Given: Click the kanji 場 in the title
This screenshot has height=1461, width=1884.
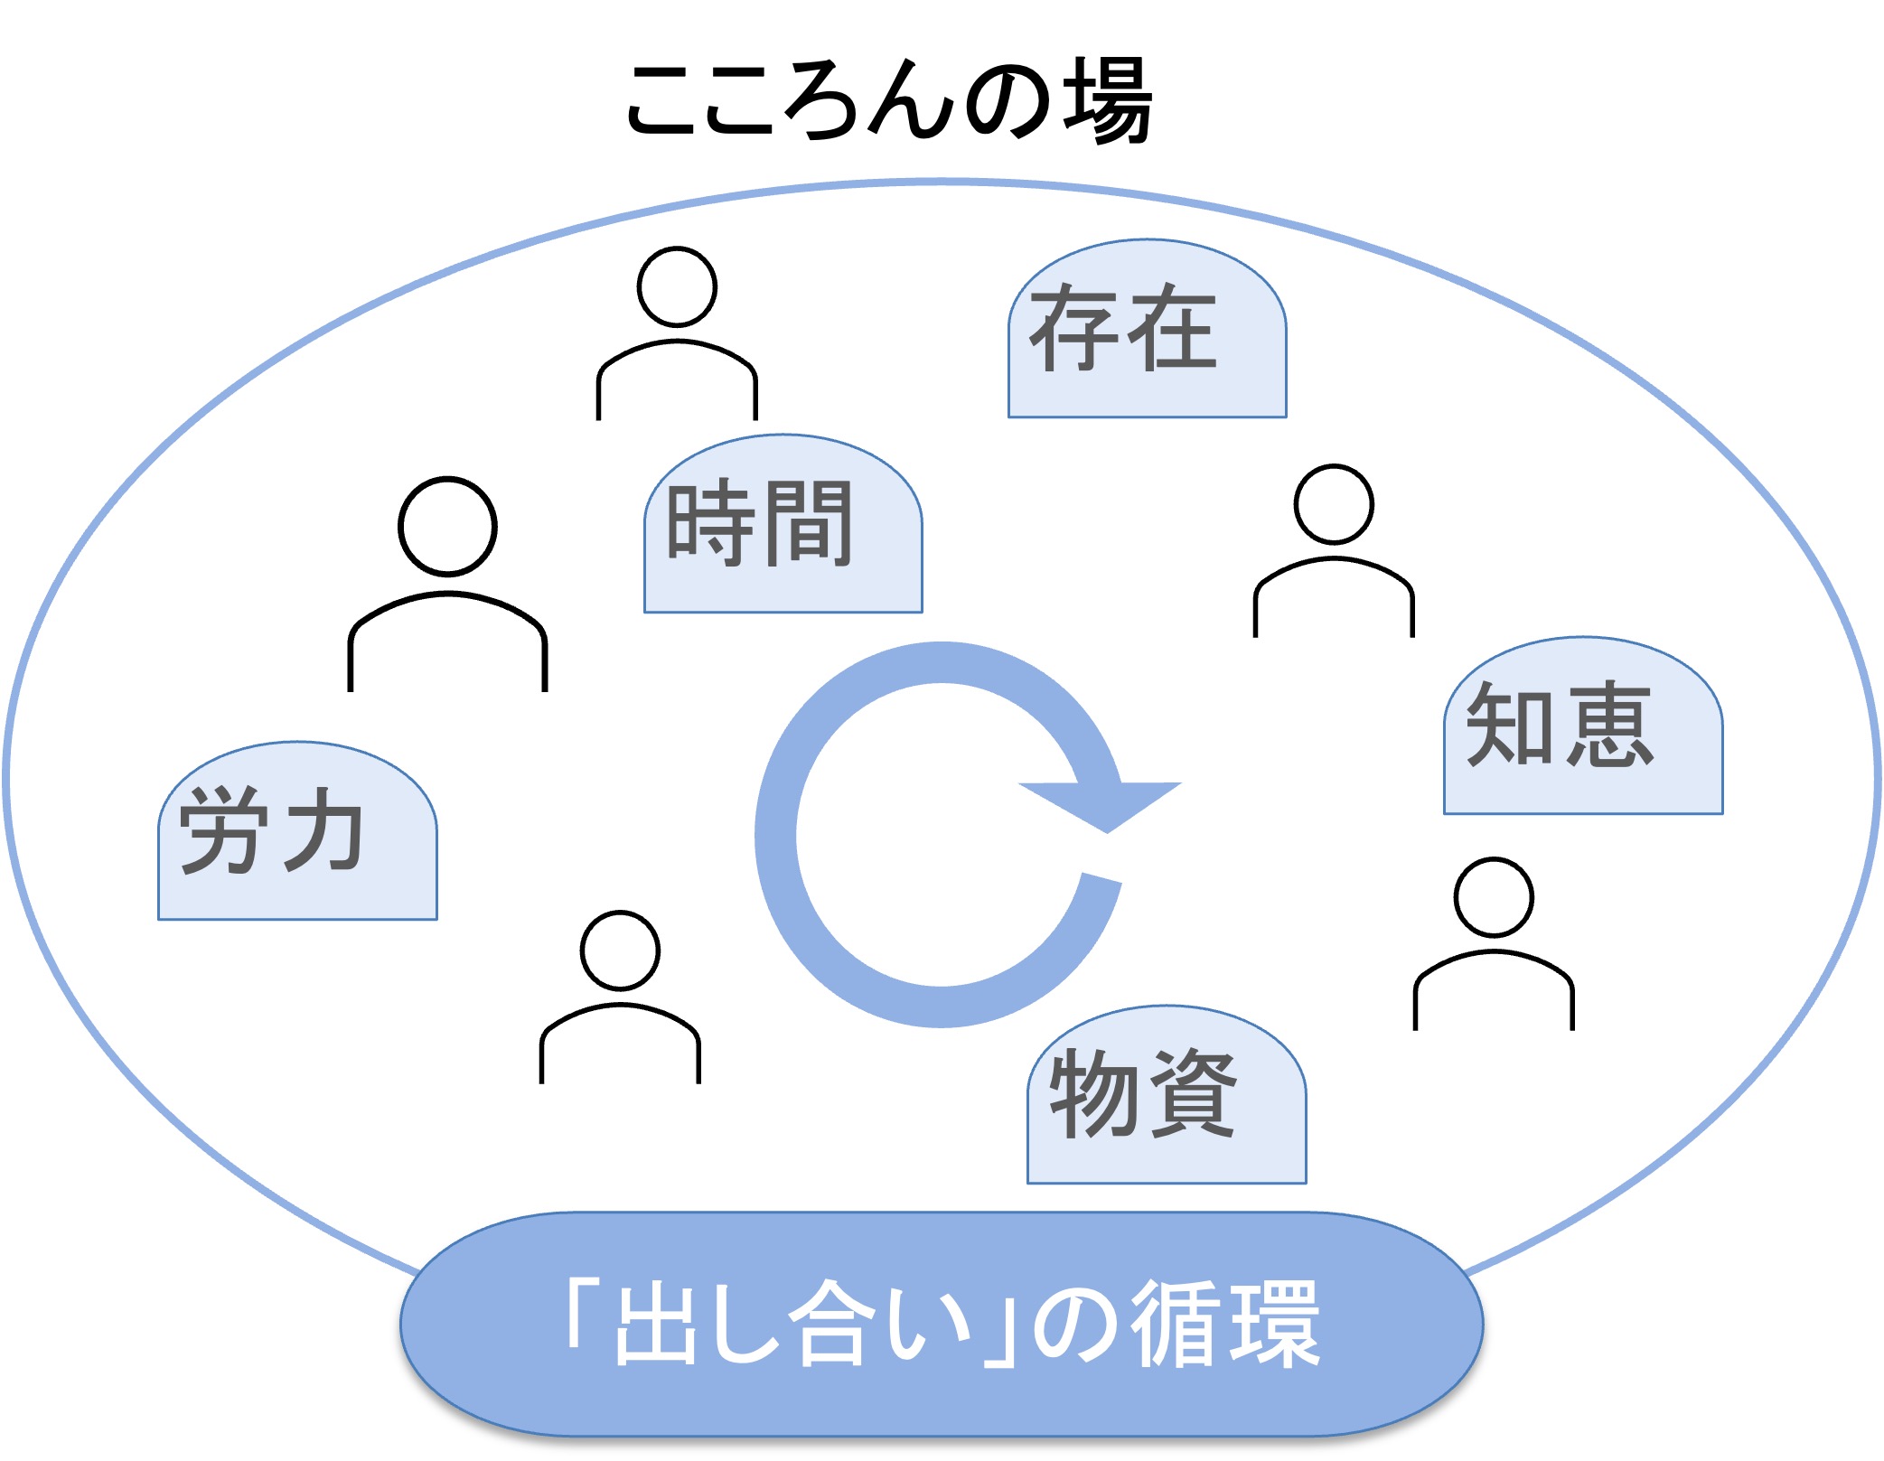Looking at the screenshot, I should pos(1107,99).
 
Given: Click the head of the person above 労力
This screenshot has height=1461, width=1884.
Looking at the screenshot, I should pos(447,526).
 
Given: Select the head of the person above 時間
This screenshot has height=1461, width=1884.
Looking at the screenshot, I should pos(677,286).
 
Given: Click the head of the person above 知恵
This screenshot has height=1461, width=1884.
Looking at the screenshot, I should pos(1334,504).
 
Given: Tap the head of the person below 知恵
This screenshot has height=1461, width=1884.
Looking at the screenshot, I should pos(1494,897).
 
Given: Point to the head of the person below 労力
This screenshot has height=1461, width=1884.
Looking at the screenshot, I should pos(620,951).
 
